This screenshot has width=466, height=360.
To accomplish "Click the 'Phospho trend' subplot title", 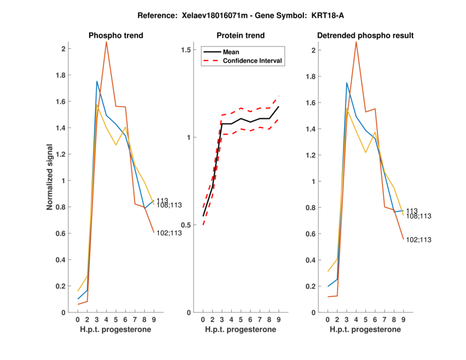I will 115,36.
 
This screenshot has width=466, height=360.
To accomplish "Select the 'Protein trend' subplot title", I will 241,36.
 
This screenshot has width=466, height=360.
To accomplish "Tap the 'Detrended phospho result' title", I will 365,36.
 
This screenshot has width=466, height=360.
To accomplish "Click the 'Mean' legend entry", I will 231,52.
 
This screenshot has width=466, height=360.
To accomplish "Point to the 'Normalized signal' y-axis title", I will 50,177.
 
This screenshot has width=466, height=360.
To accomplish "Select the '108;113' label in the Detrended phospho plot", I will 419,216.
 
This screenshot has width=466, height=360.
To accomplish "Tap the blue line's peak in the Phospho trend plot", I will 97,82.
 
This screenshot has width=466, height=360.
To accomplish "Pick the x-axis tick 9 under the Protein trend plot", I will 278,320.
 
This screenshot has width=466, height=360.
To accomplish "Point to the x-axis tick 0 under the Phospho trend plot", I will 78,320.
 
